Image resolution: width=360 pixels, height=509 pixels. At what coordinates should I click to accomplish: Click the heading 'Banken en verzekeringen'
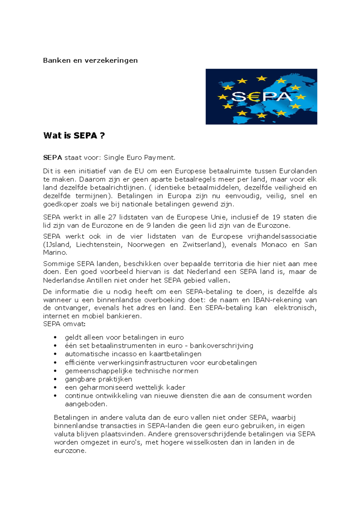(x=90, y=60)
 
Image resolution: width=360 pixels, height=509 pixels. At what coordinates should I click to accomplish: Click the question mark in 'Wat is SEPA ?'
(x=102, y=136)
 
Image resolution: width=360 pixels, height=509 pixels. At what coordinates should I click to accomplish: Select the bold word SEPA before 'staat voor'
(x=52, y=158)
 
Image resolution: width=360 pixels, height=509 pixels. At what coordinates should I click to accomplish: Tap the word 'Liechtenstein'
(x=99, y=245)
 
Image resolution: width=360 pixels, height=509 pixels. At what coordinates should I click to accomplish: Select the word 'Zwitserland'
(x=204, y=245)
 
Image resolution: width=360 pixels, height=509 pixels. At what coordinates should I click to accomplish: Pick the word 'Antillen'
(x=99, y=281)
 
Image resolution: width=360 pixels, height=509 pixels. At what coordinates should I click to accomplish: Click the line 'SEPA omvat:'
(x=64, y=324)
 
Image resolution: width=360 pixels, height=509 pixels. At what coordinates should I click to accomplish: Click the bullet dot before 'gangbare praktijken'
(x=55, y=379)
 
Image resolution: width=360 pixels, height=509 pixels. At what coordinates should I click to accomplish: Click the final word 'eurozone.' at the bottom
(x=70, y=451)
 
